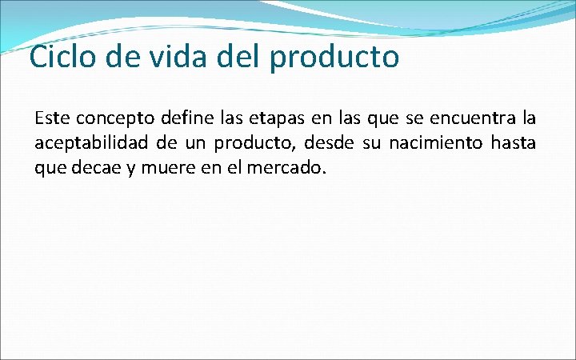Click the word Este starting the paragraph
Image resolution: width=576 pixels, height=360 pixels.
(x=51, y=119)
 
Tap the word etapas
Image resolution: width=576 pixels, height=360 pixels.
(x=279, y=119)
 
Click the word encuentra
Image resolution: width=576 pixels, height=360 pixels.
(x=468, y=119)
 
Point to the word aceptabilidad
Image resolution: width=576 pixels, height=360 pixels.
(x=91, y=144)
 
